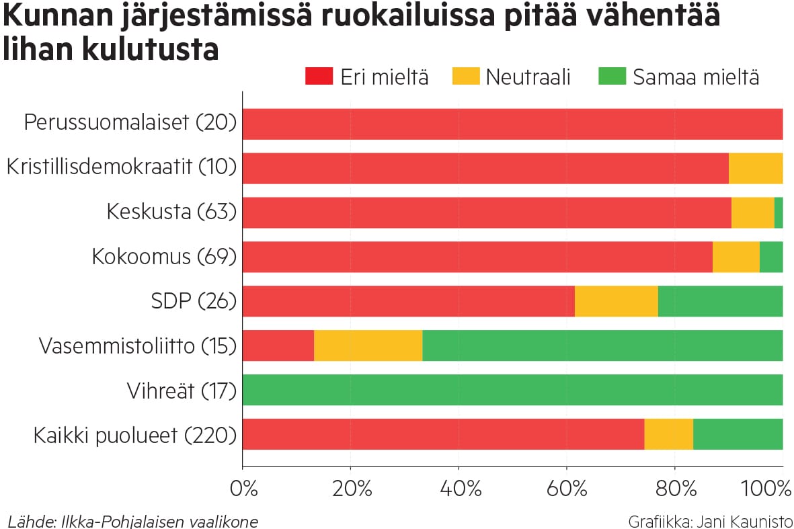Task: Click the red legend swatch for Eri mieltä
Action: [x=319, y=77]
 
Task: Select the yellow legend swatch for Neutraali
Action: [x=465, y=77]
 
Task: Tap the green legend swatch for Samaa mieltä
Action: [x=611, y=77]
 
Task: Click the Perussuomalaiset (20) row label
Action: [x=130, y=123]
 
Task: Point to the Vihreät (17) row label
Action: [x=182, y=391]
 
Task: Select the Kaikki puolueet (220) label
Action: [x=135, y=436]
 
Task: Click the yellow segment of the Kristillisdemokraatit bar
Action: [x=755, y=168]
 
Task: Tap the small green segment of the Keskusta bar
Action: [x=779, y=212]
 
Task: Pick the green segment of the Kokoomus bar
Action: [x=770, y=257]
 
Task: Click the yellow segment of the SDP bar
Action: [x=616, y=301]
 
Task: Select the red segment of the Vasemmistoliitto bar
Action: [x=278, y=345]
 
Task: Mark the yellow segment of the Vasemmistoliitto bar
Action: [x=368, y=345]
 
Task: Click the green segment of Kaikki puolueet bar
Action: [x=738, y=434]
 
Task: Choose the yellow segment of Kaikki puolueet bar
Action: [x=668, y=434]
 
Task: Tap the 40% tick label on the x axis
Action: [x=460, y=489]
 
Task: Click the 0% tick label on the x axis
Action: [x=244, y=489]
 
